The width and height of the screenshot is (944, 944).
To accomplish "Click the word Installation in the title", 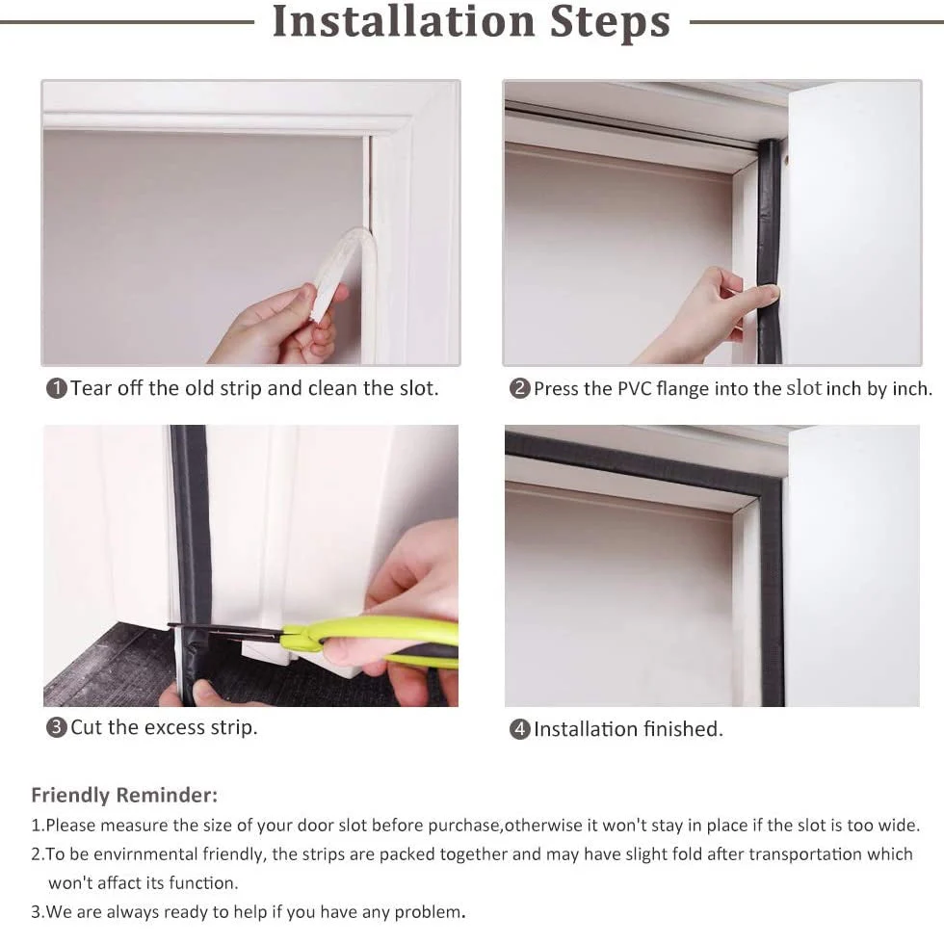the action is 404,21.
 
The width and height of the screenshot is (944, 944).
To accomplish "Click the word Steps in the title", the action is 610,22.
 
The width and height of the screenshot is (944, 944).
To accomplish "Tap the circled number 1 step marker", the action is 57,388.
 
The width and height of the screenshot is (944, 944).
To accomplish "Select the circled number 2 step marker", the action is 520,388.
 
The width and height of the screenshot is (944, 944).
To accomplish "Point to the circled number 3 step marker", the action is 57,727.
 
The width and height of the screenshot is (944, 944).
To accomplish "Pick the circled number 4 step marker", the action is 520,729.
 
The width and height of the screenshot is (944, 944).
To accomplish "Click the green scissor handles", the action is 374,641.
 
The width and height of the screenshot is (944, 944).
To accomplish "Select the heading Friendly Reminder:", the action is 124,796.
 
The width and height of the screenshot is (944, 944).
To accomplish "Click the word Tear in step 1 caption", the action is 92,388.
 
